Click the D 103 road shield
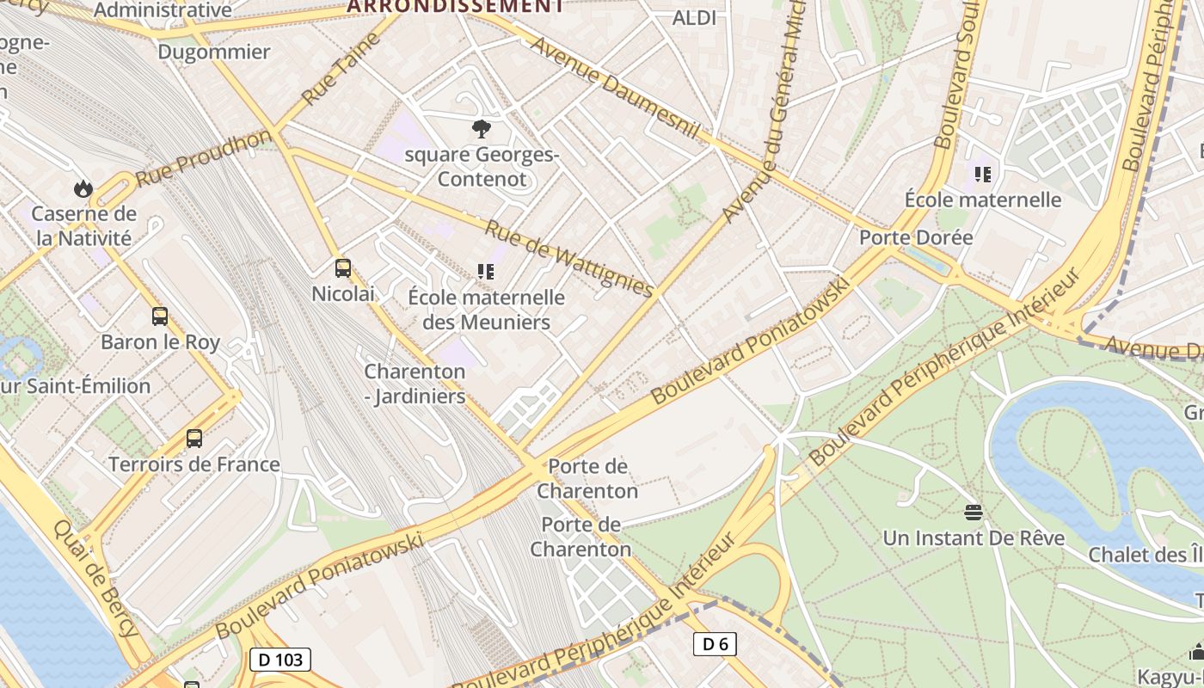tap(280, 660)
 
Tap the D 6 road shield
tap(715, 643)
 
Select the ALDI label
tap(694, 17)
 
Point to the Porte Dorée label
tap(917, 237)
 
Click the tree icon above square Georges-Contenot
tap(482, 129)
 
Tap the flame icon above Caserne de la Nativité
tap(83, 187)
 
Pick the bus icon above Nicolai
tap(343, 268)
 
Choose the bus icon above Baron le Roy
tap(160, 316)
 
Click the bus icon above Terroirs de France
tap(194, 439)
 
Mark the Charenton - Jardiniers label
tap(415, 384)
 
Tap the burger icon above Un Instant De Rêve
tap(974, 513)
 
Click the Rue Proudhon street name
tap(203, 158)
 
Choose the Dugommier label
tap(214, 52)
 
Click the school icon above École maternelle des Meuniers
tap(486, 272)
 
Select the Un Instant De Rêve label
tap(974, 538)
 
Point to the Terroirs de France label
tap(194, 464)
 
